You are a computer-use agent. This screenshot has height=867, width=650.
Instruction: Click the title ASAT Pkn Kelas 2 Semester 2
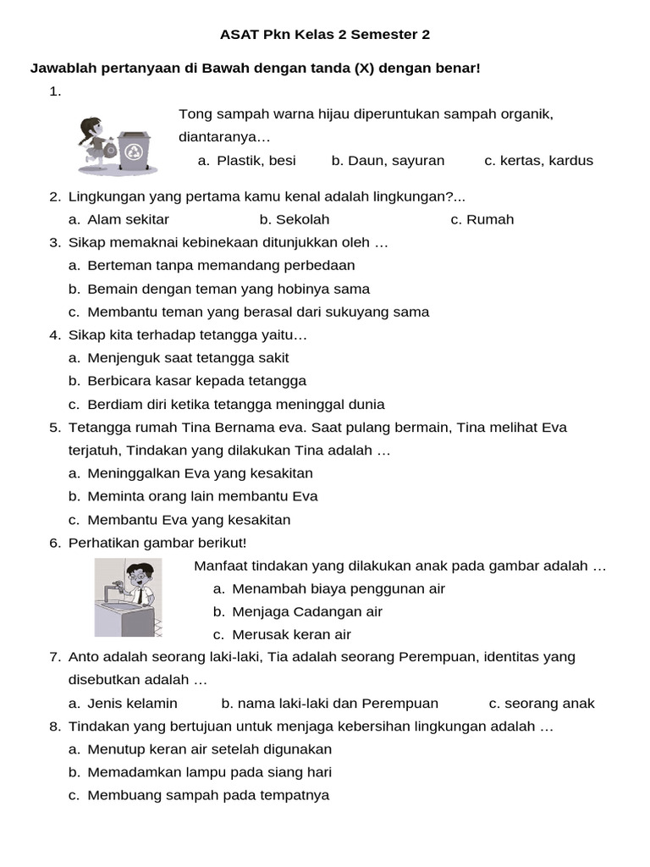point(325,35)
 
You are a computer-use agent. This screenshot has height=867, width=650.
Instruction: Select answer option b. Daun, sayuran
point(388,160)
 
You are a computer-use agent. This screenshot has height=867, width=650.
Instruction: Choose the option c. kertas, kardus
point(538,160)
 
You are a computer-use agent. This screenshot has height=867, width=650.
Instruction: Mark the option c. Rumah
point(482,219)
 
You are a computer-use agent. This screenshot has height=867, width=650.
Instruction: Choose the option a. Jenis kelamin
point(123,703)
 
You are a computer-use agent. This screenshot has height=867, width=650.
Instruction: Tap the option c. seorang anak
point(542,703)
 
